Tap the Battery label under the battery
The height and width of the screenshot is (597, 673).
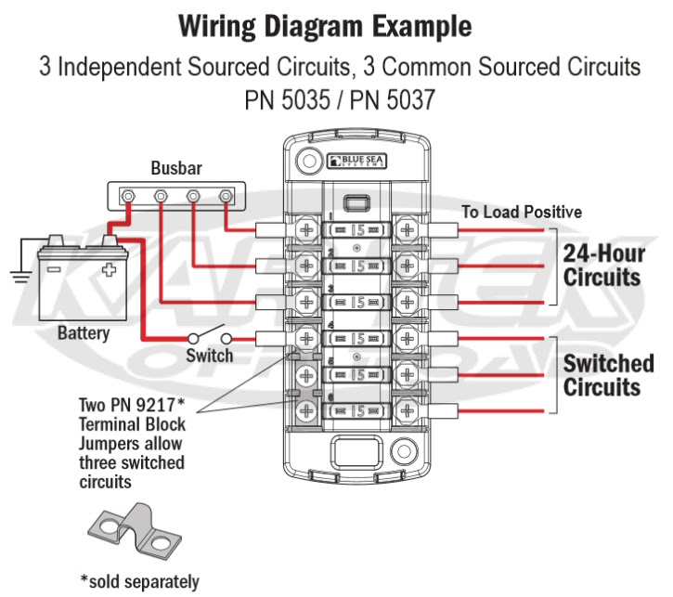point(84,332)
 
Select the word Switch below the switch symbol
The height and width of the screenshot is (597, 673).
point(209,356)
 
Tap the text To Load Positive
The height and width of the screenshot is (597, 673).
point(522,213)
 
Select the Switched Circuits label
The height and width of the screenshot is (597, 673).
point(608,375)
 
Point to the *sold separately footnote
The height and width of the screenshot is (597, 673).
point(139,582)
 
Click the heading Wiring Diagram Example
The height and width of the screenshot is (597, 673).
point(337,27)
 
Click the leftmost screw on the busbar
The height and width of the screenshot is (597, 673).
point(131,198)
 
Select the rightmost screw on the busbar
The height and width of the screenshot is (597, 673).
point(226,198)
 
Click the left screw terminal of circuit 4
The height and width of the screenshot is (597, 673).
point(306,338)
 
